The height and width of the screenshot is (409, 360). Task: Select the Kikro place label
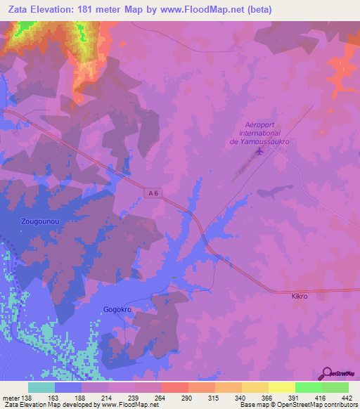point(300,297)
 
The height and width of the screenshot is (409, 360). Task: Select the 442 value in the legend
point(347,397)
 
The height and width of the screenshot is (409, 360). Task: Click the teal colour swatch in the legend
point(41,387)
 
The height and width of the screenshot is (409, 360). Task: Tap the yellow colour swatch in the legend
point(281,387)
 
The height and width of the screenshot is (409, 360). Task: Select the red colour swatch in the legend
point(174,387)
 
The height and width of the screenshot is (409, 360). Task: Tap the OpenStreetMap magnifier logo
point(326,373)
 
